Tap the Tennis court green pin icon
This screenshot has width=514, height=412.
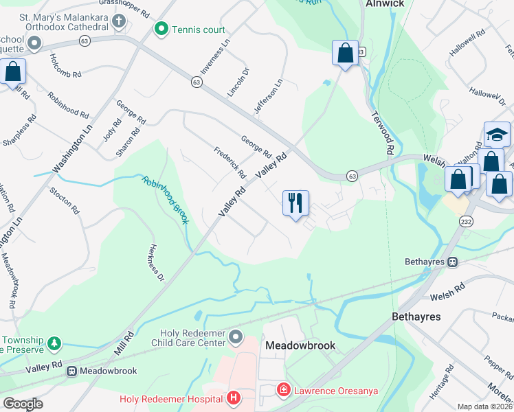[x=161, y=29]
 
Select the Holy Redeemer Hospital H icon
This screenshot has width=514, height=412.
[x=234, y=398]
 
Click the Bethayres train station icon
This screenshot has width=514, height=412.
[x=453, y=262]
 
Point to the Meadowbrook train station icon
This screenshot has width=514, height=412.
[x=71, y=371]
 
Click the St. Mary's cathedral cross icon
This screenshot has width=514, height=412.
[x=120, y=21]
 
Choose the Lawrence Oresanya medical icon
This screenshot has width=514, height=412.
[x=283, y=390]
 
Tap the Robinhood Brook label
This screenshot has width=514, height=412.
[x=165, y=199]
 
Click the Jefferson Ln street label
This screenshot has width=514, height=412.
[x=269, y=96]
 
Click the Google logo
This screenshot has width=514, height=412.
[x=23, y=404]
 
